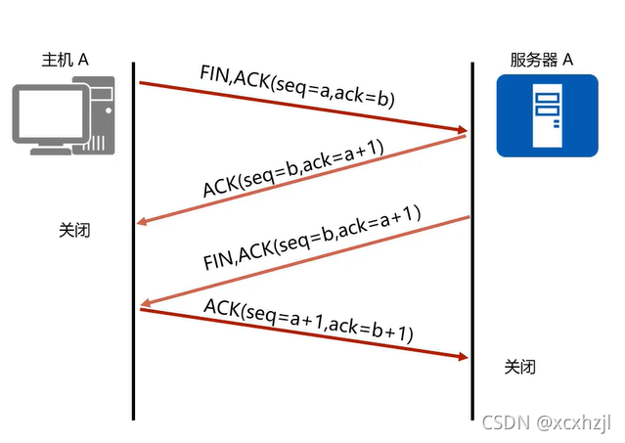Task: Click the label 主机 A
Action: pos(65,60)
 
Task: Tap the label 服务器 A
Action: pos(542,60)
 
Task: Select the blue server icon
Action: pos(548,115)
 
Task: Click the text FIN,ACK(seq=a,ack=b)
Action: pos(297,86)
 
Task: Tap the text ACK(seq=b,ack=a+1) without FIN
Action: pos(293,168)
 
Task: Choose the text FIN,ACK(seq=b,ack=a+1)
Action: pos(312,238)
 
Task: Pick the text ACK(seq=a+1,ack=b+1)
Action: pos(308,321)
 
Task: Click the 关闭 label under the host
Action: pos(74,230)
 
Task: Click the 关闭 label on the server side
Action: pos(519,367)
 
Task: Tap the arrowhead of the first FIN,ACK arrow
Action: pos(463,130)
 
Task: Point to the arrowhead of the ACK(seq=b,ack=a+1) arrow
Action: pos(142,221)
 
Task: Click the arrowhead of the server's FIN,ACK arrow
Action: pos(146,303)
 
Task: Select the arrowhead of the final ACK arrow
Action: pos(464,357)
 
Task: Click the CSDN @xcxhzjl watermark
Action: pos(546,422)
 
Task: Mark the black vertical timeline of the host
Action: pos(134,241)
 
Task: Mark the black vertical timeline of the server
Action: pos(472,241)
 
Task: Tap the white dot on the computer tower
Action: pos(109,111)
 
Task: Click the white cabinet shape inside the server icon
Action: pos(548,115)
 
